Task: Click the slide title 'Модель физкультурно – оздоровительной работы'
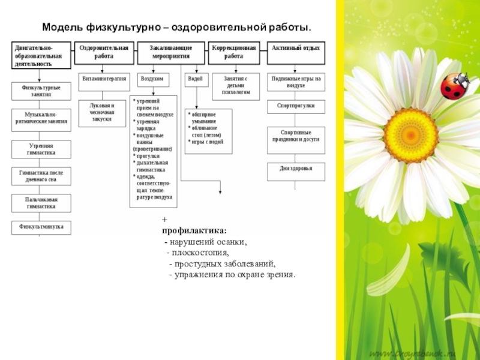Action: (177, 28)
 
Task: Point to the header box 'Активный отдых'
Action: (296, 47)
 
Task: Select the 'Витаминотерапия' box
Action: (104, 79)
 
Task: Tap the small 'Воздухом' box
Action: (153, 79)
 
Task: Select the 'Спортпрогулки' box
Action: (296, 106)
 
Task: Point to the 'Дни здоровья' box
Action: (296, 169)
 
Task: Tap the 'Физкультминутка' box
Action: (41, 227)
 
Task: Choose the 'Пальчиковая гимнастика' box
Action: (41, 203)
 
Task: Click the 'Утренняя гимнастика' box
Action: (41, 149)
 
